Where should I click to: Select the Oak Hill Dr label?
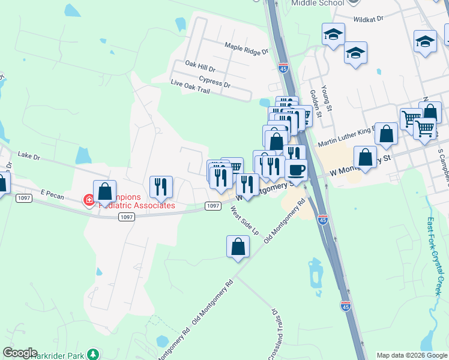tap(200, 64)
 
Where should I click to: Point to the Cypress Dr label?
tap(214, 81)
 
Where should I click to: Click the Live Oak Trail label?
tap(190, 86)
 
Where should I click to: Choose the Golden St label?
tap(316, 103)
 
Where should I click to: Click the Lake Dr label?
tap(28, 155)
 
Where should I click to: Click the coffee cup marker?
tap(295, 170)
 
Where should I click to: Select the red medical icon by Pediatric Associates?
tap(89, 199)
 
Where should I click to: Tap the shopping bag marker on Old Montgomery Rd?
tap(238, 247)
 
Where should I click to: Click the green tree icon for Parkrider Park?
tap(92, 354)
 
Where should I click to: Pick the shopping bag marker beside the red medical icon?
tap(104, 192)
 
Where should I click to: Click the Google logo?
tap(20, 353)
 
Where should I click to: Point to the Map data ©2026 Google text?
tap(412, 355)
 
